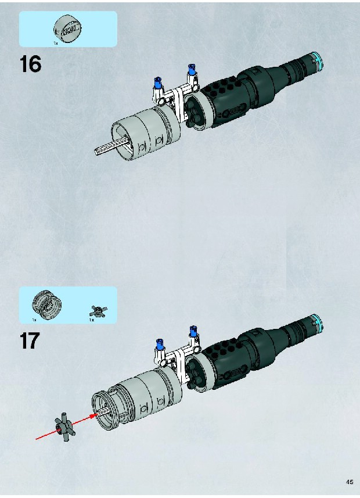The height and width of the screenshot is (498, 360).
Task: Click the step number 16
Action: pos(30,64)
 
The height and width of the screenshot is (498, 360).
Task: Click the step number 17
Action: pos(30,341)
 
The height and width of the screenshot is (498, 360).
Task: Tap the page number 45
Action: pos(350,482)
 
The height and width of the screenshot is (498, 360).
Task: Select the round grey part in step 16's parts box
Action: pos(68,28)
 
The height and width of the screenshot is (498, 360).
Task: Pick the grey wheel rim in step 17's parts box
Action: pos(46,304)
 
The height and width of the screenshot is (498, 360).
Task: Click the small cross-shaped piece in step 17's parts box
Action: pos(98,311)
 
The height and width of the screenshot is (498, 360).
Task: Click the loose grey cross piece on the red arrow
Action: pos(65,428)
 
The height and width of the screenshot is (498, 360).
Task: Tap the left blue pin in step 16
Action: pos(158,82)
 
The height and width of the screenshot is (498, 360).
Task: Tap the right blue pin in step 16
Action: pos(191,69)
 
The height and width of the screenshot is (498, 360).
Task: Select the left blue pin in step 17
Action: pos(160,344)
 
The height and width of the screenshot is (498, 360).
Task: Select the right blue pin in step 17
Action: pos(193,331)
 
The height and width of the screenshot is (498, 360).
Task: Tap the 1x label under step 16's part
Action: pos(56,43)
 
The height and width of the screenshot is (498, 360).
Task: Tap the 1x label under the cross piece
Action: pos(91,320)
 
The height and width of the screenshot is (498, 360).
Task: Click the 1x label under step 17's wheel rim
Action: pos(34,320)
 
